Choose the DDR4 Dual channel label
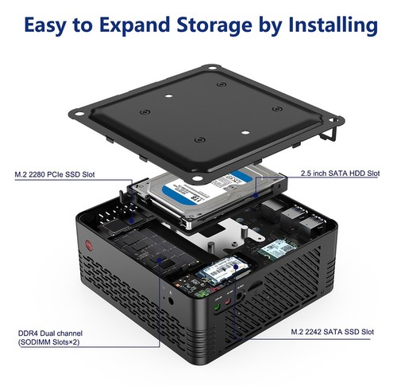pos(49,333)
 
